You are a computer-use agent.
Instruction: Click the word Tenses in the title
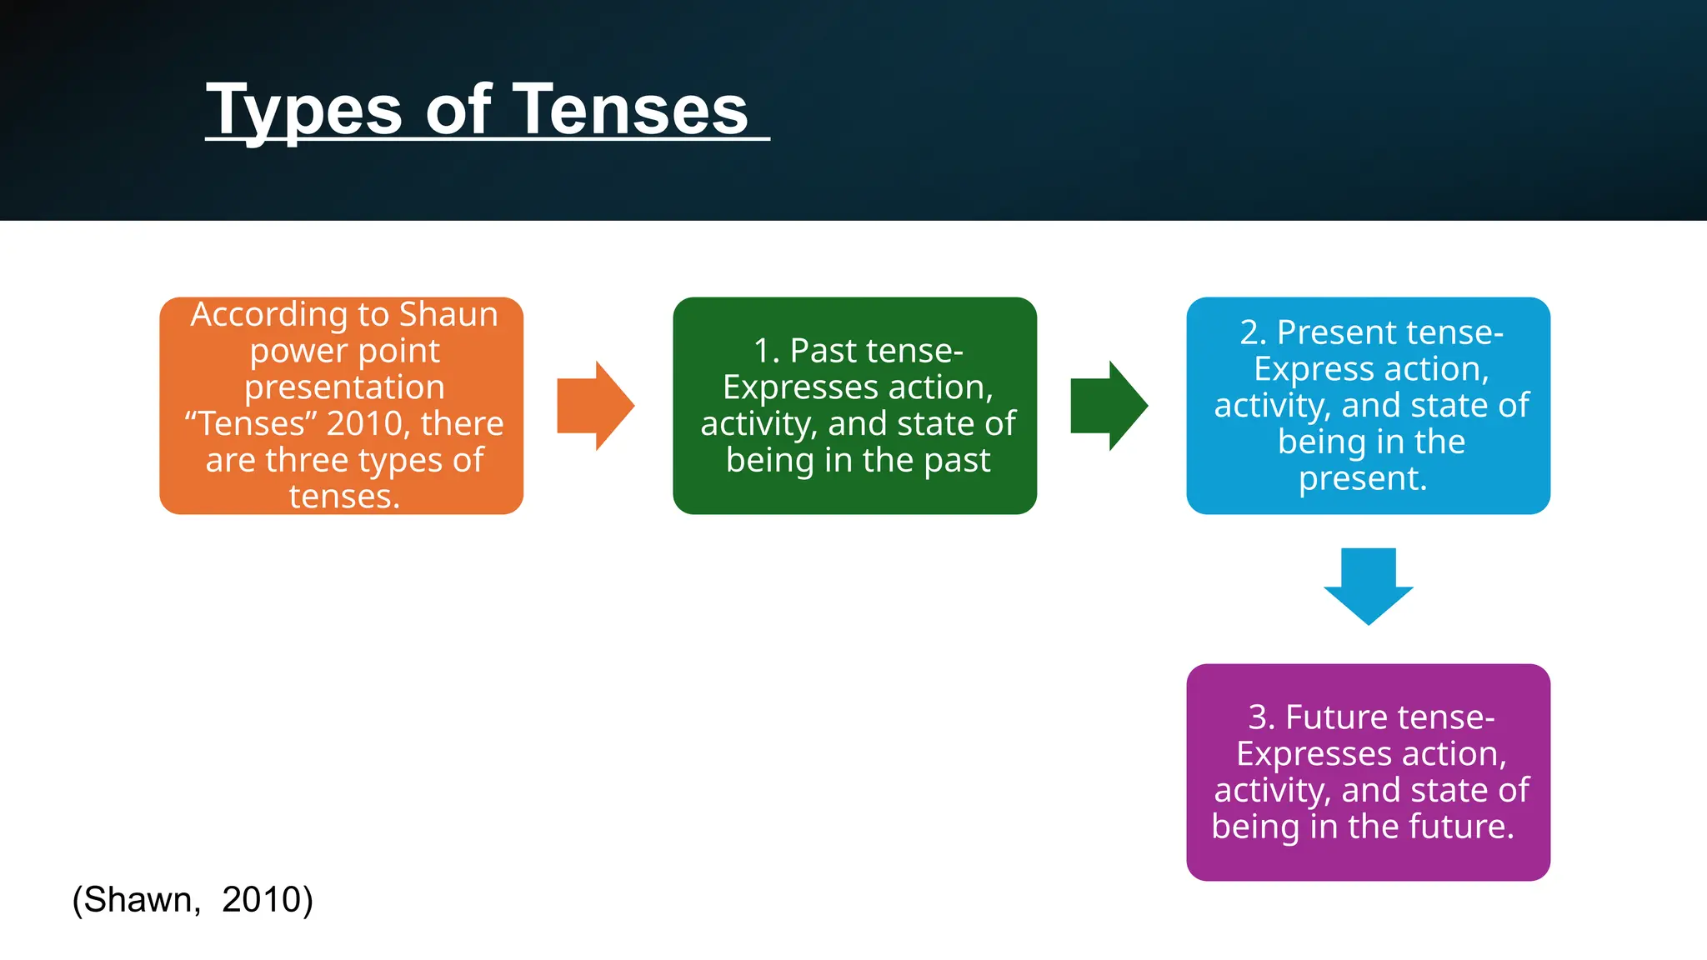630,110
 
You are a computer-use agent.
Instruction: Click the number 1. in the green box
766,352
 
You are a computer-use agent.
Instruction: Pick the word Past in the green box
823,352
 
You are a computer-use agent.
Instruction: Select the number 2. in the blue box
1253,333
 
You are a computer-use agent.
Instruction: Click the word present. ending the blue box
1363,479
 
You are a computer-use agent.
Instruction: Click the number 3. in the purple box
1261,718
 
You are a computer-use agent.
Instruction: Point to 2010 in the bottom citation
262,900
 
